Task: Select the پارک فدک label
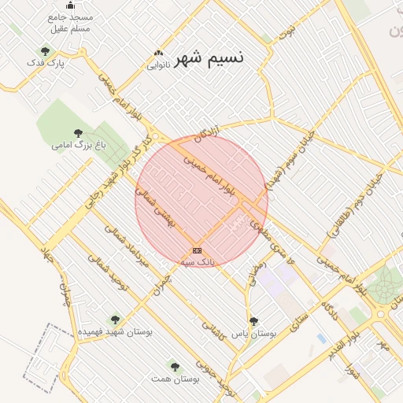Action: click(x=44, y=62)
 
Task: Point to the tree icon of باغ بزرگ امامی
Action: click(x=77, y=133)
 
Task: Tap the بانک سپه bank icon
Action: click(x=197, y=250)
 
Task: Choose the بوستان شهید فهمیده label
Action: click(x=115, y=332)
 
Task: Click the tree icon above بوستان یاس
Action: click(x=253, y=321)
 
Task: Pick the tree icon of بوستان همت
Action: click(x=175, y=366)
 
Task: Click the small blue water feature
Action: click(x=321, y=338)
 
